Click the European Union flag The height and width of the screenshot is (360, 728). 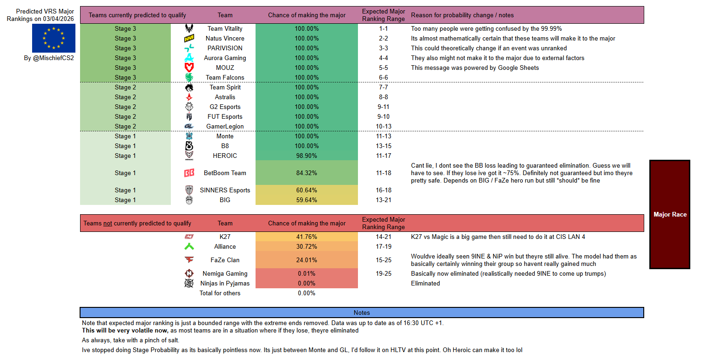click(54, 38)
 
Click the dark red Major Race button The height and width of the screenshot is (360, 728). click(669, 214)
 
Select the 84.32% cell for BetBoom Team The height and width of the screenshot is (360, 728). click(306, 173)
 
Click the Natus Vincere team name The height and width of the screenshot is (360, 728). click(225, 38)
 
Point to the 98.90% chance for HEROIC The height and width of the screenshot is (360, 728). click(306, 156)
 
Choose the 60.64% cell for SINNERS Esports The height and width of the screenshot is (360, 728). click(306, 190)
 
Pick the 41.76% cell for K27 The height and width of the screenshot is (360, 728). click(306, 237)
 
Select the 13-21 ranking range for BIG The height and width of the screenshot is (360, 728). click(384, 200)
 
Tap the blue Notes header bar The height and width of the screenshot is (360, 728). click(362, 312)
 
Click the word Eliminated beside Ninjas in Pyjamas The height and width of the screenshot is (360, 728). click(425, 283)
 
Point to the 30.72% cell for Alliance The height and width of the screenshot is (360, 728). click(306, 246)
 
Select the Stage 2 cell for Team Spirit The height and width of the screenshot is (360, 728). click(126, 87)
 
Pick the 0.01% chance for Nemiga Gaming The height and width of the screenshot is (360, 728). click(306, 273)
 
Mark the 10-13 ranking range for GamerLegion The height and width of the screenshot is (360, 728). click(384, 126)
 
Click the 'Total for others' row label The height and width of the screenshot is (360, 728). click(220, 293)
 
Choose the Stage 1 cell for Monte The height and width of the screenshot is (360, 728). click(126, 136)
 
